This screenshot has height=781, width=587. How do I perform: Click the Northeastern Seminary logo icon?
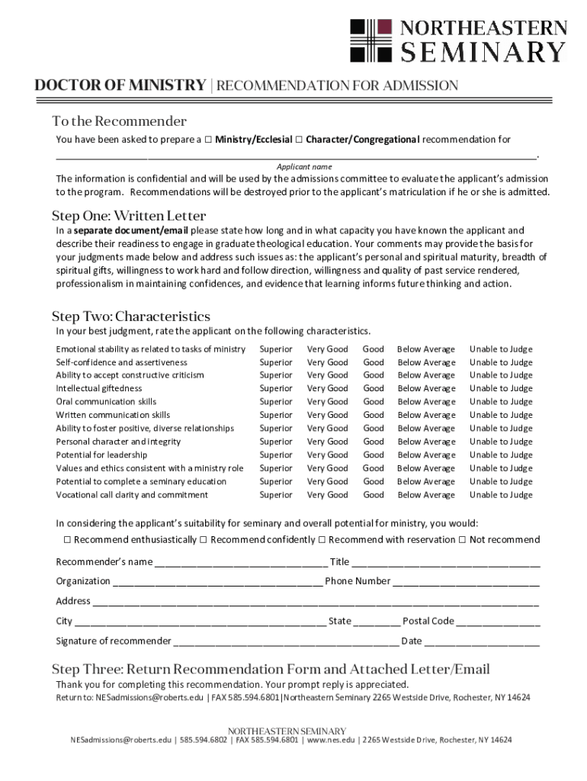point(370,40)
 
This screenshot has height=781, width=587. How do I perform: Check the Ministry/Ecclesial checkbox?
point(207,140)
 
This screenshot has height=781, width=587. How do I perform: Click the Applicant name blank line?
point(297,156)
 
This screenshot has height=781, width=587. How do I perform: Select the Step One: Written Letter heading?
point(128,216)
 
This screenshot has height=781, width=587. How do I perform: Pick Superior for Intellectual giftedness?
point(275,388)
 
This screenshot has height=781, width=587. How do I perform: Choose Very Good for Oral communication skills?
point(327,402)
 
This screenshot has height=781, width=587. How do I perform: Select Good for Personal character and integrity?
point(373,442)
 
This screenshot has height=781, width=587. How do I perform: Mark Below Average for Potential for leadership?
point(426,455)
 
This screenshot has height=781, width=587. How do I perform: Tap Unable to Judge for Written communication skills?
point(501,415)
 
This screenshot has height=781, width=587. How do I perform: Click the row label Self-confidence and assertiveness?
point(121,362)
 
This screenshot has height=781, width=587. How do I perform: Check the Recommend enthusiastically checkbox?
point(66,540)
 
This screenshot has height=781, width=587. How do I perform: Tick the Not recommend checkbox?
point(462,540)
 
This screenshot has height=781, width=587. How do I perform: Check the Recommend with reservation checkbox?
point(322,540)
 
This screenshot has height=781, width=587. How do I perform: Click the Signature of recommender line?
point(286,642)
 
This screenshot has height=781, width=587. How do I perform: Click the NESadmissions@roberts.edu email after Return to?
point(149,697)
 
